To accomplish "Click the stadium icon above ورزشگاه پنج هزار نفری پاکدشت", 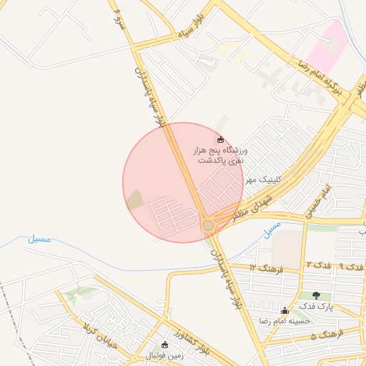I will click(x=220, y=139).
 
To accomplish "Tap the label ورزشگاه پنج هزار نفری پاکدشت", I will click(x=219, y=156).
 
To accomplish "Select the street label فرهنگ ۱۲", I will click(x=267, y=267).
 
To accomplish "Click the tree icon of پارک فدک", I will click(x=316, y=295).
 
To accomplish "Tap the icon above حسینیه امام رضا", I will click(x=285, y=310).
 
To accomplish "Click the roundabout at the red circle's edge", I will click(x=208, y=225).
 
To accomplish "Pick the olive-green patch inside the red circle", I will click(x=134, y=200).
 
